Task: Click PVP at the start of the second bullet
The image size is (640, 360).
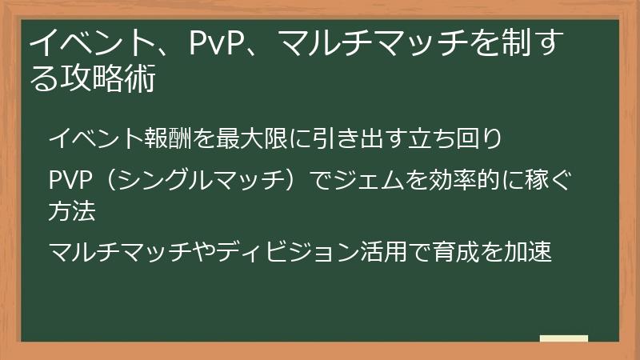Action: [72, 178]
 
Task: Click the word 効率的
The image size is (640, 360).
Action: [464, 178]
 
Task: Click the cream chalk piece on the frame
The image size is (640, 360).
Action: [563, 339]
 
